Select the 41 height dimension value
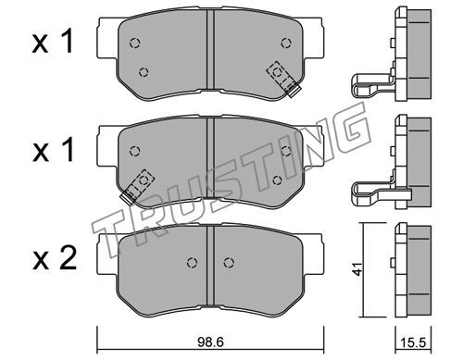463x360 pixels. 357,269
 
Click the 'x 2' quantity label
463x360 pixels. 55,259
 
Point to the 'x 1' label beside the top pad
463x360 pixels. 53,42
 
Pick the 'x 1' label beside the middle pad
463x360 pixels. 53,151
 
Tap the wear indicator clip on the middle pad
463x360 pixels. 137,186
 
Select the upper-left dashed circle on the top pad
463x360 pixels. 134,43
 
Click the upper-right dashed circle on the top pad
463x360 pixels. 286,43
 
